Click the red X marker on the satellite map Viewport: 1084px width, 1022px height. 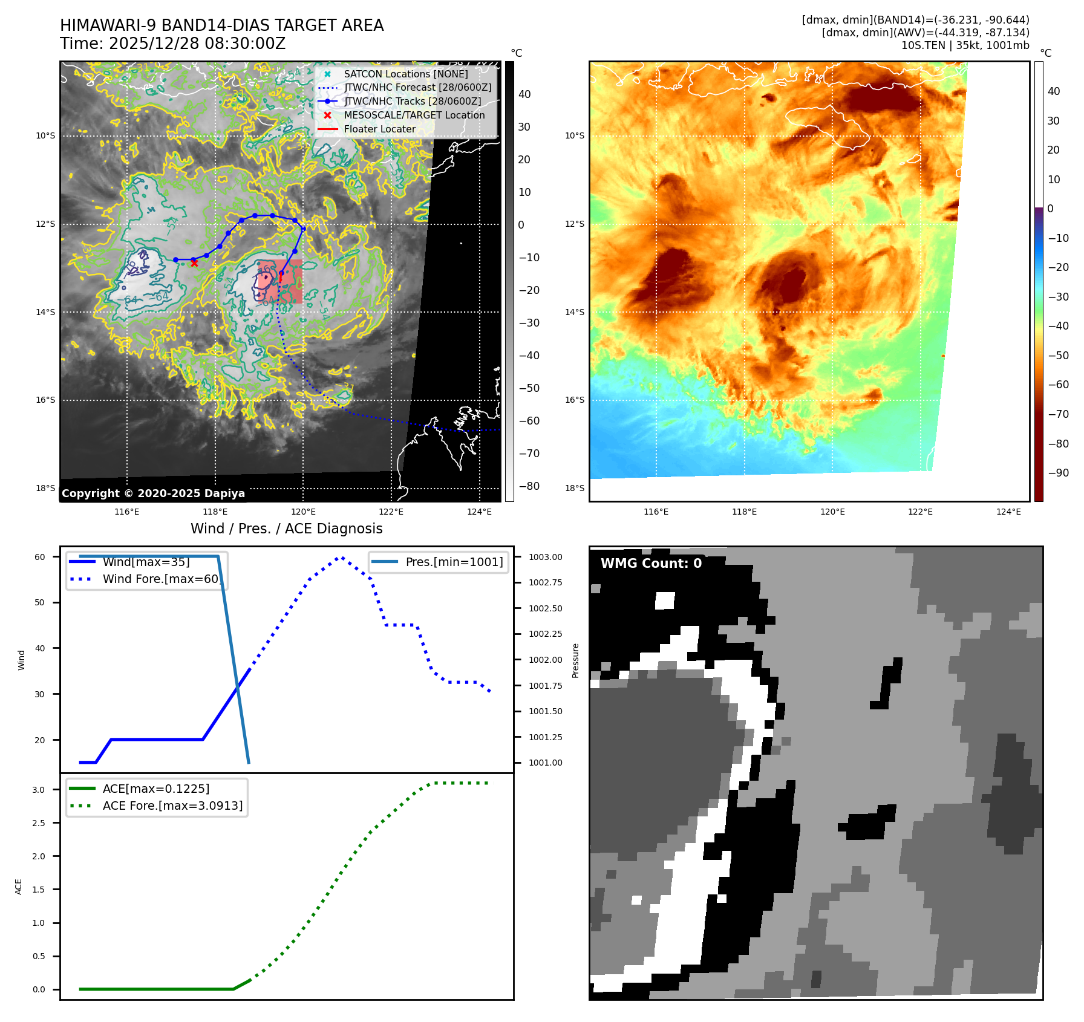point(194,263)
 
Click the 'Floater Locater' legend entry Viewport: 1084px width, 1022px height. point(379,129)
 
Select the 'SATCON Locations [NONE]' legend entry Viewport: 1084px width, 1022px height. point(405,74)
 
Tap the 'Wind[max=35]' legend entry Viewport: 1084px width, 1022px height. point(146,562)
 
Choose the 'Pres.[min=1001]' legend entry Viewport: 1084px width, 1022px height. point(454,562)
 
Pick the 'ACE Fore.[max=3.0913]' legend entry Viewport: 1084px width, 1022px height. point(172,806)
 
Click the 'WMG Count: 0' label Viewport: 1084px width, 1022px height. point(651,563)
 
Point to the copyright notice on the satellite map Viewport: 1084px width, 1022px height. point(153,493)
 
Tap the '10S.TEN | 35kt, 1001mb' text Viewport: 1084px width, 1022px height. point(965,45)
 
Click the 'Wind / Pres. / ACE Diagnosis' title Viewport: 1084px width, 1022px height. point(286,529)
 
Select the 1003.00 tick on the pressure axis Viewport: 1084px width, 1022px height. point(545,557)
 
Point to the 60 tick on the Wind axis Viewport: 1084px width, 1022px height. point(39,557)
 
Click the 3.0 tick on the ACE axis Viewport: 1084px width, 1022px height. point(39,790)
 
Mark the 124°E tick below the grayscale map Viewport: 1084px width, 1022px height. point(479,512)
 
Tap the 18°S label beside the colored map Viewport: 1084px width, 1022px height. point(575,488)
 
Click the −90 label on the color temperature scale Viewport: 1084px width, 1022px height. point(1058,473)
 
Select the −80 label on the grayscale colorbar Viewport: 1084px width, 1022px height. point(529,486)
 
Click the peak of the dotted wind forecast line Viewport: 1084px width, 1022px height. point(341,558)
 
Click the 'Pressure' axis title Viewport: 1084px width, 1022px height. point(575,660)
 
